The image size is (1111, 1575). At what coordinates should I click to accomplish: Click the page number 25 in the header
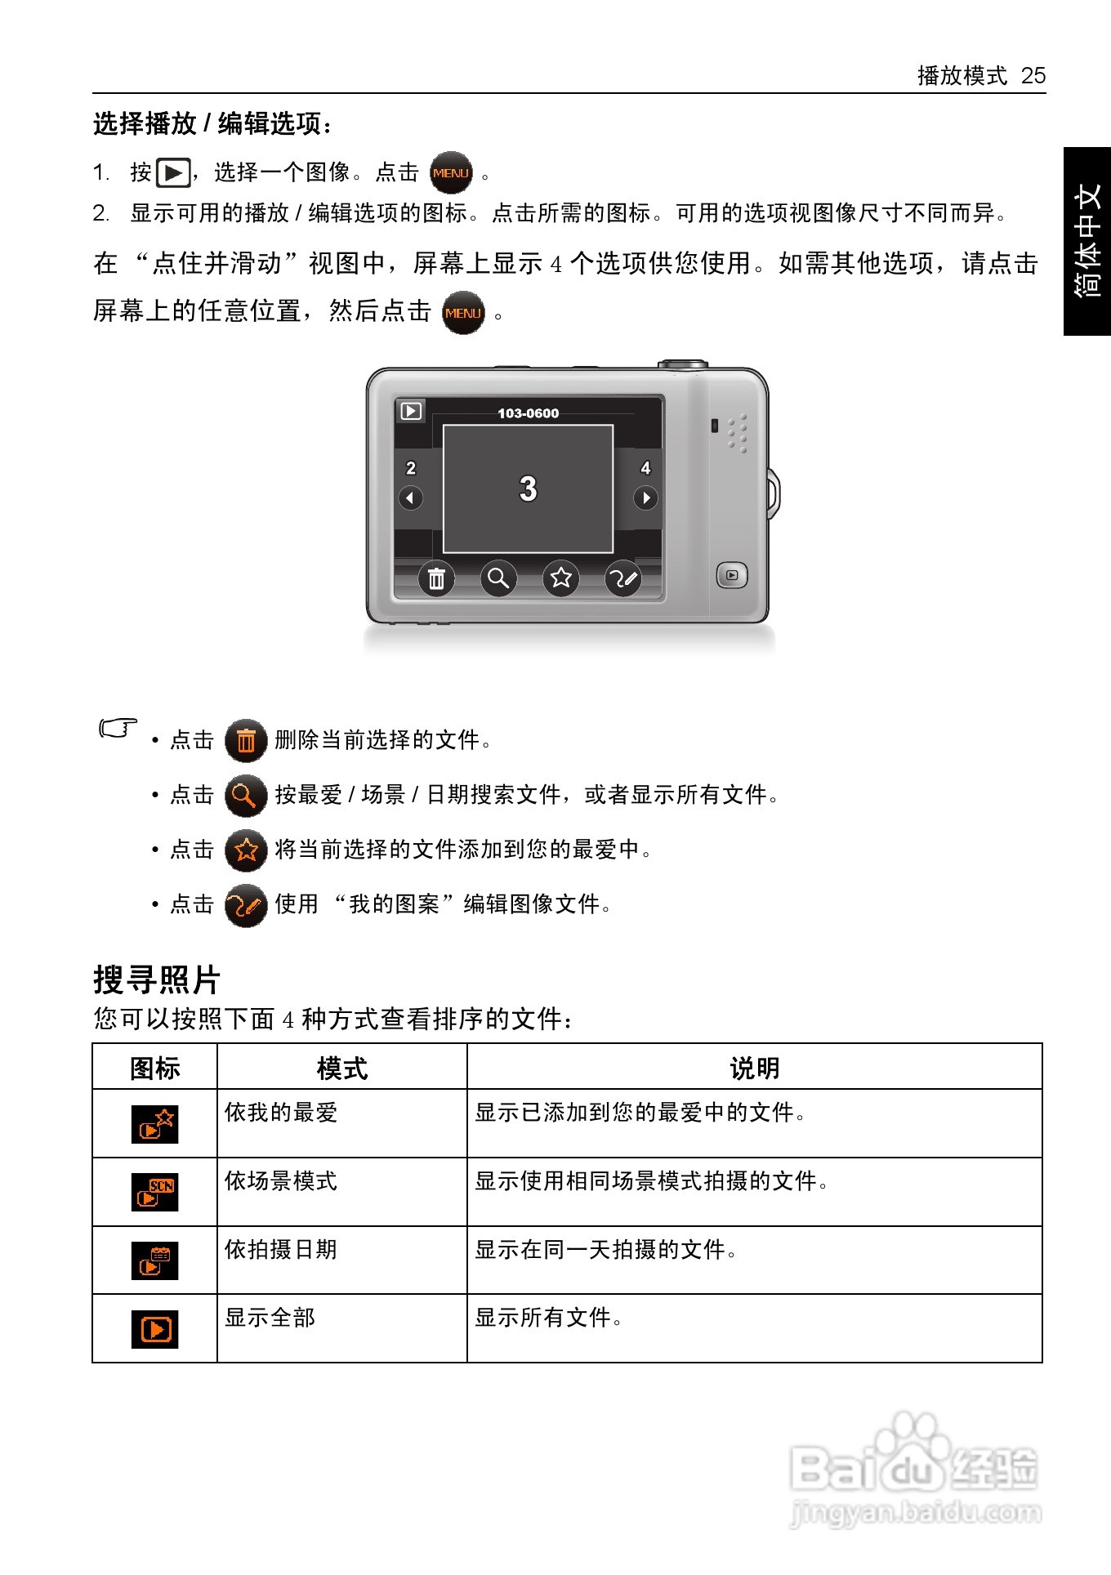coord(1033,76)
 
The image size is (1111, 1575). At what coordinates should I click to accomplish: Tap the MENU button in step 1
coord(451,173)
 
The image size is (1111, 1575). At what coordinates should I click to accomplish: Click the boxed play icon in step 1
coord(173,173)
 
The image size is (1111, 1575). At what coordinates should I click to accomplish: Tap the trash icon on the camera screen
coord(437,578)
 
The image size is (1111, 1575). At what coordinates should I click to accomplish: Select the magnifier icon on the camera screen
coord(498,578)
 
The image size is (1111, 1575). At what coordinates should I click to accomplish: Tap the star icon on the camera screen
coord(560,578)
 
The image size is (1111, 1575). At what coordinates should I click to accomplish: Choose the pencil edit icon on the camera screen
coord(622,578)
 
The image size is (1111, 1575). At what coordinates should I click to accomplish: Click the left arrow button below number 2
coord(411,497)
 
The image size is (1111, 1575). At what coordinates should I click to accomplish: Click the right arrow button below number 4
coord(645,497)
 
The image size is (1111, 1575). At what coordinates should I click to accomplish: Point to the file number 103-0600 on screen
coord(529,413)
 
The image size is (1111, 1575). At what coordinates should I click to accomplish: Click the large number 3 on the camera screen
coord(529,489)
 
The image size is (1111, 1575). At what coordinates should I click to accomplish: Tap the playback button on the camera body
coord(731,575)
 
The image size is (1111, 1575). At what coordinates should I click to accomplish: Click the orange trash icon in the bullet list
coord(246,741)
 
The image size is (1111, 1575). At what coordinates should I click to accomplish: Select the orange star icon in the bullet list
coord(246,850)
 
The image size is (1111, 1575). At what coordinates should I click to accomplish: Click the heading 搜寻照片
coord(157,979)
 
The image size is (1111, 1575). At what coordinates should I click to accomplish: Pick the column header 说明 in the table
coord(754,1068)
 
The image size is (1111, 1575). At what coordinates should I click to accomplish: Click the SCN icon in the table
coord(155,1193)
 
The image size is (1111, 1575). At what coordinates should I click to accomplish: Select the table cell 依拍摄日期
coord(281,1250)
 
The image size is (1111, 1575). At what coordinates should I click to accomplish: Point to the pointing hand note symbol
coord(118,727)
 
